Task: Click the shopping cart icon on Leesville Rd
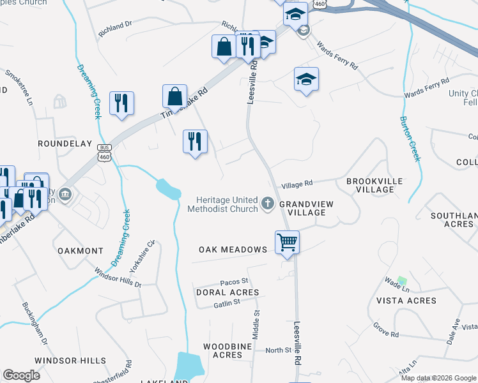pyautogui.click(x=287, y=243)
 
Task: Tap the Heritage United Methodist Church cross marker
pyautogui.click(x=268, y=205)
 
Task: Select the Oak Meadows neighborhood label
pyautogui.click(x=233, y=250)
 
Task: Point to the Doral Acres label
pyautogui.click(x=227, y=292)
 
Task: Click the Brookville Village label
pyautogui.click(x=374, y=186)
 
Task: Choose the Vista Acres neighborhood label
pyautogui.click(x=406, y=301)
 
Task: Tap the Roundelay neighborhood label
pyautogui.click(x=65, y=144)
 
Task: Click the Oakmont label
pyautogui.click(x=80, y=251)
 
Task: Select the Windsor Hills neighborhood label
pyautogui.click(x=70, y=361)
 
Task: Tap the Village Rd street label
pyautogui.click(x=297, y=183)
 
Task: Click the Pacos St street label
pyautogui.click(x=233, y=282)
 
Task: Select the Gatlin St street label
pyautogui.click(x=227, y=302)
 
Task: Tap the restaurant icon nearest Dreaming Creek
pyautogui.click(x=121, y=103)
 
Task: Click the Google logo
pyautogui.click(x=22, y=375)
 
